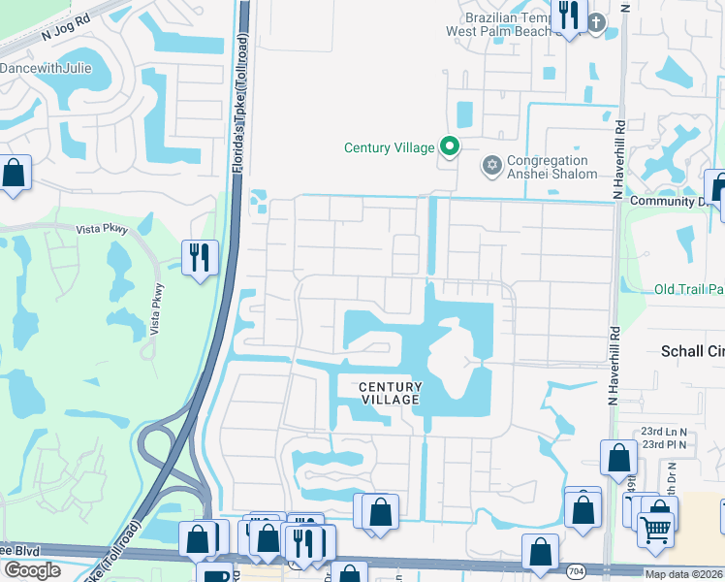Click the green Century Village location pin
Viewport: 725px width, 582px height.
pos(449,147)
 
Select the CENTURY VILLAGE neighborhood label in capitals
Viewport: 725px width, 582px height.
pos(390,393)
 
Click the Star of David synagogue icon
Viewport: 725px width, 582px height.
pos(491,167)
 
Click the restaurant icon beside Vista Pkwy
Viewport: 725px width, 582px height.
pos(200,257)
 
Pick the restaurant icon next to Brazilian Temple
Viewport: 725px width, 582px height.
pos(567,16)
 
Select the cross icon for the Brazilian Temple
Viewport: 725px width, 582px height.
pos(596,21)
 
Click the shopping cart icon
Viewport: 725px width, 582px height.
pos(657,530)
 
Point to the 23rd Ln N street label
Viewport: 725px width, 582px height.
pos(663,432)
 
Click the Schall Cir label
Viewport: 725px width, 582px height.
pos(692,351)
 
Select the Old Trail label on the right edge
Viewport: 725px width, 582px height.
pos(689,289)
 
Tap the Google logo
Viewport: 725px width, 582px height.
pos(32,570)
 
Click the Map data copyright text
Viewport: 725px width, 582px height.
pos(683,574)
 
